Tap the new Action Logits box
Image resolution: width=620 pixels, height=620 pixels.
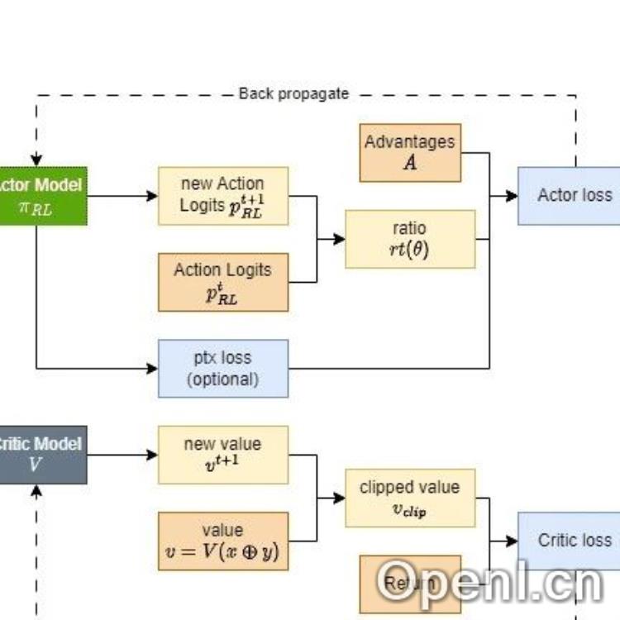(x=223, y=196)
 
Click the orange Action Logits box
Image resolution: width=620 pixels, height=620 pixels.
(x=223, y=282)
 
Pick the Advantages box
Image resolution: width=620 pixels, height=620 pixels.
(x=410, y=152)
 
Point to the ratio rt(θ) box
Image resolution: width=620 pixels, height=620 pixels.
(x=410, y=239)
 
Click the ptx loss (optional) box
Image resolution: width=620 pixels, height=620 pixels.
(x=223, y=368)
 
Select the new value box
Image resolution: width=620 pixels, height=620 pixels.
(x=223, y=454)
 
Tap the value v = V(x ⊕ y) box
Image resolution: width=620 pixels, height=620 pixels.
(x=223, y=541)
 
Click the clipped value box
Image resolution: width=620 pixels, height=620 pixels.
(x=410, y=498)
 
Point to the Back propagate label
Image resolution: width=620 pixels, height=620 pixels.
(x=293, y=93)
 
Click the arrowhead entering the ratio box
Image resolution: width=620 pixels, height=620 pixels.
(x=340, y=239)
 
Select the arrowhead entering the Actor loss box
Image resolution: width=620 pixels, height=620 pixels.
(x=513, y=196)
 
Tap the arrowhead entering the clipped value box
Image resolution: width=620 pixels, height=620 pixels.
(x=340, y=498)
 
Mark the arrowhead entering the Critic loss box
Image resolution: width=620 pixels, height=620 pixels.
(x=513, y=541)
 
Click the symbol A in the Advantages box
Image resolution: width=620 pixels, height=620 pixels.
(x=410, y=163)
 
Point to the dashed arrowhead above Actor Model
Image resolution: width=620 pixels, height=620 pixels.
(x=36, y=161)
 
